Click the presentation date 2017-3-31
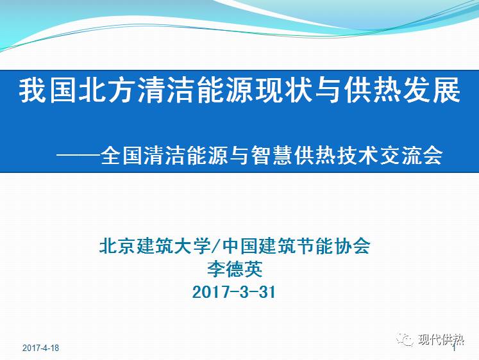coord(234,292)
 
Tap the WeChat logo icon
coord(405,340)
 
